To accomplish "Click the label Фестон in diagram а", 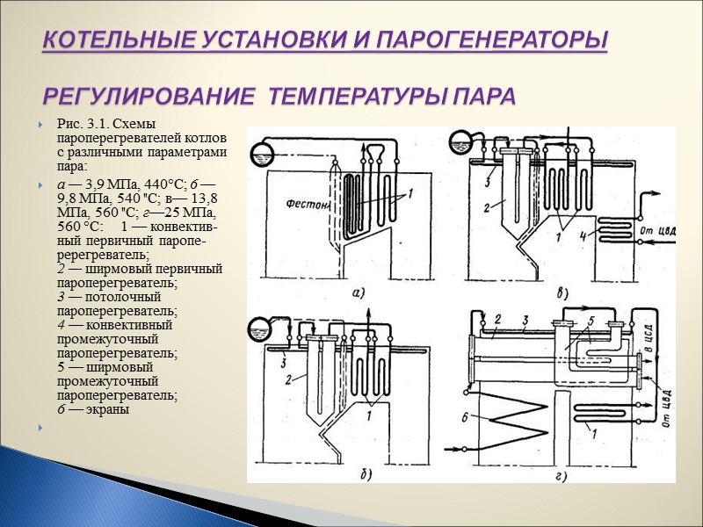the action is [x=286, y=206].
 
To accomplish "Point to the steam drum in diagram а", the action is [x=260, y=151].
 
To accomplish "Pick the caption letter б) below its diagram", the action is [x=360, y=475].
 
